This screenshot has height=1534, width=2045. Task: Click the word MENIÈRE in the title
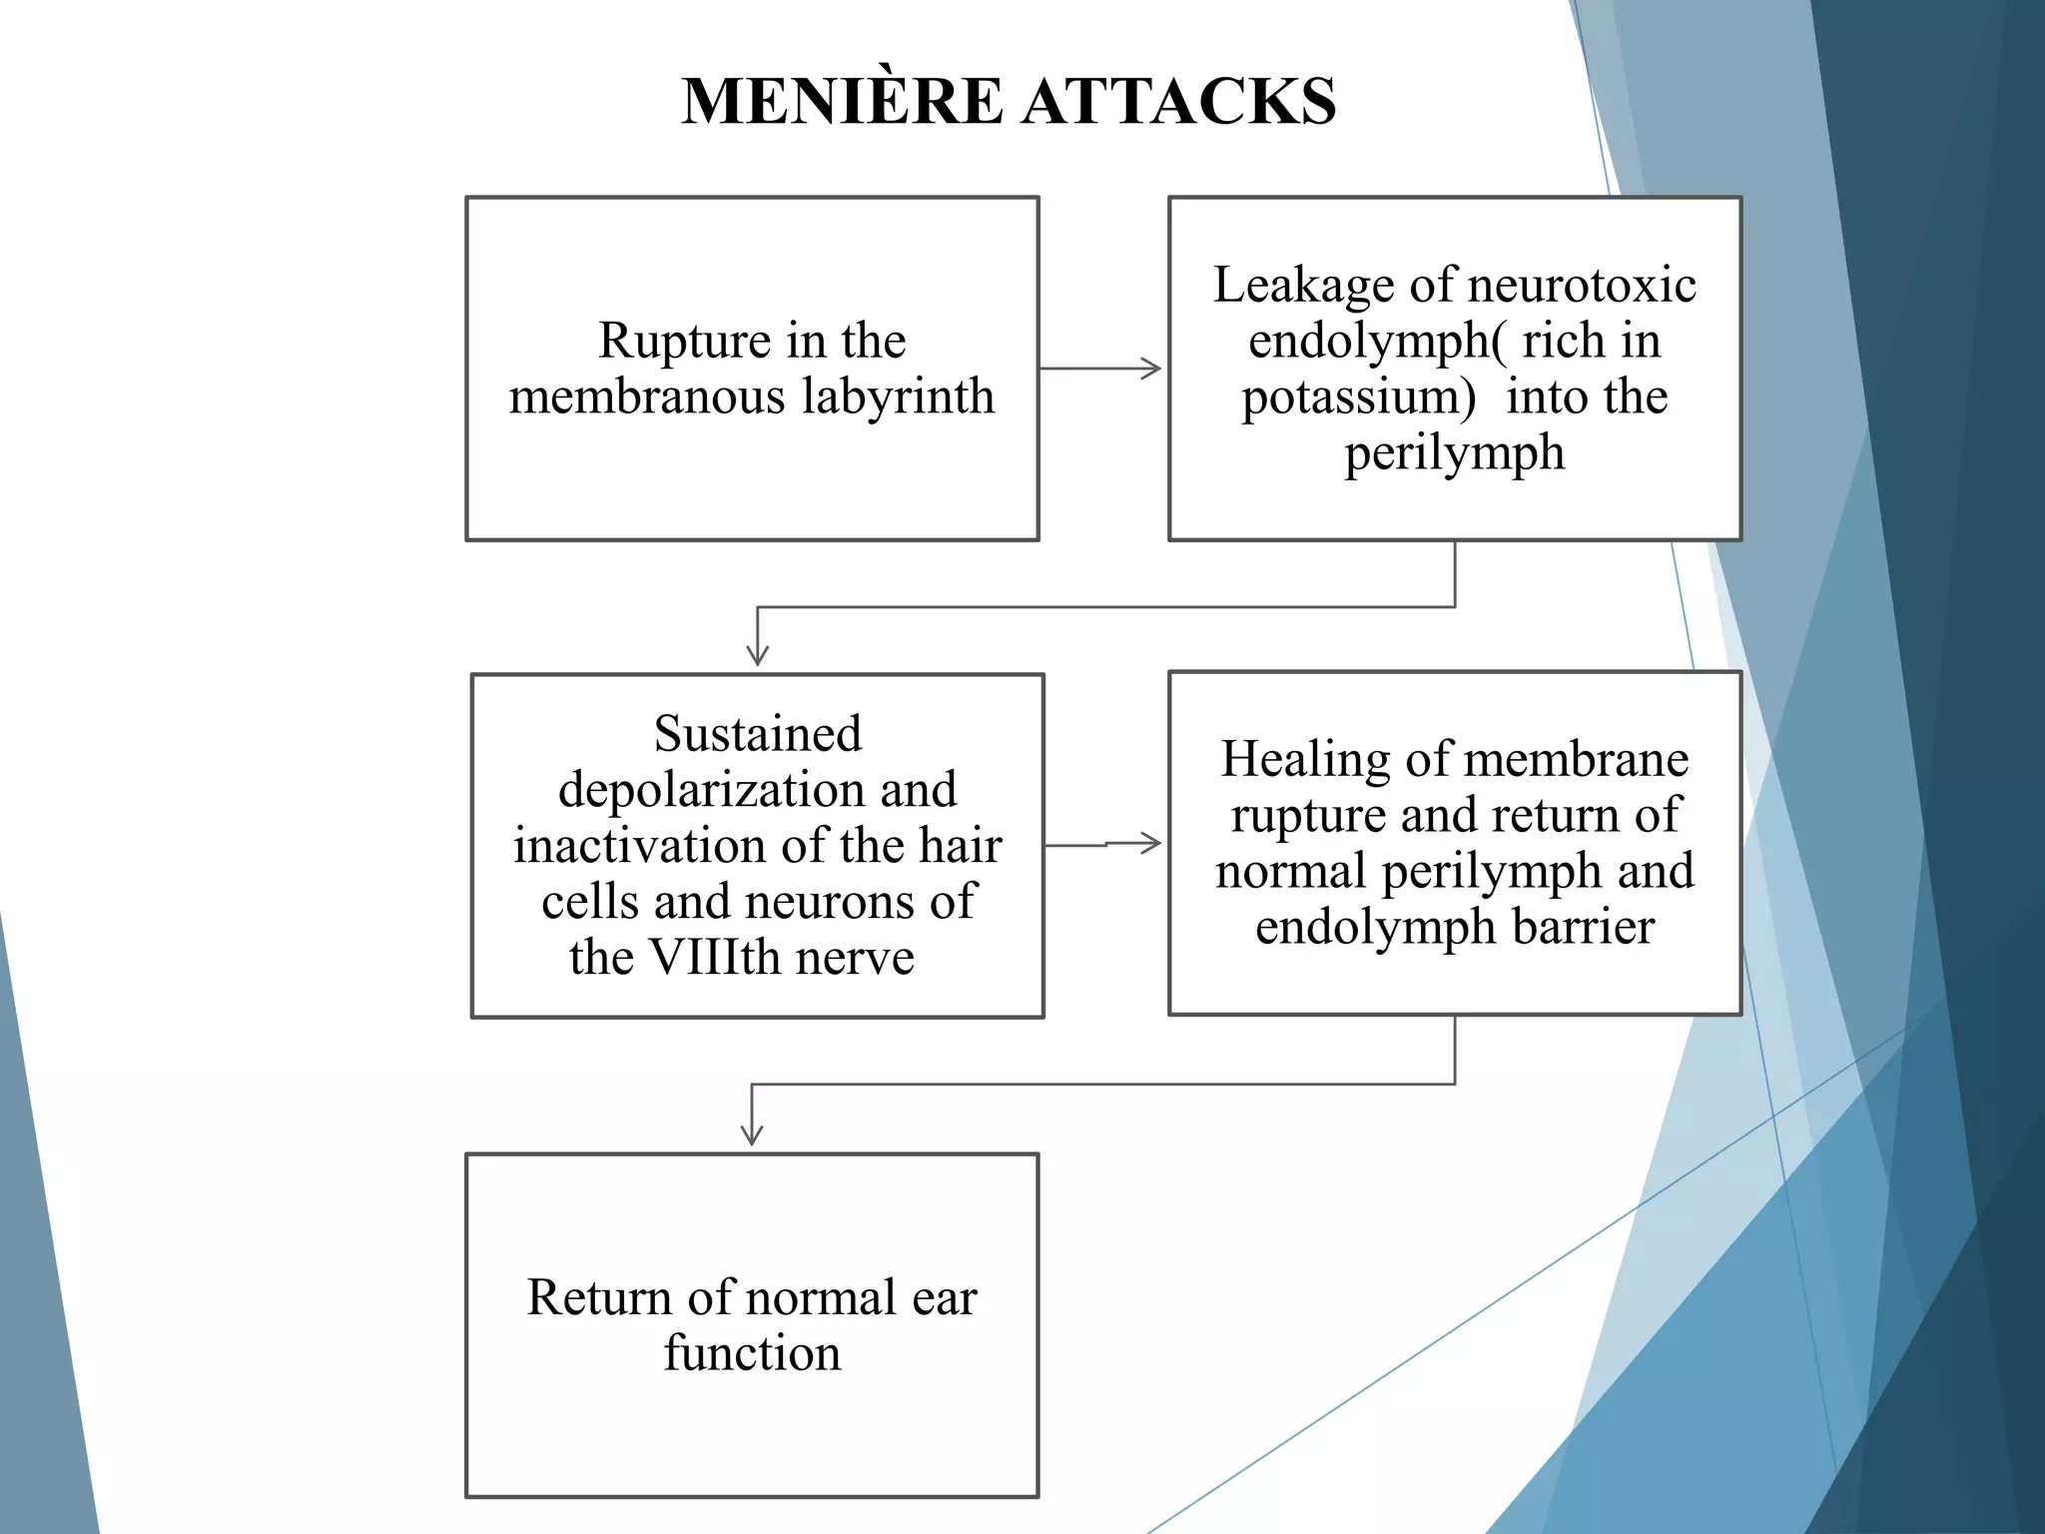(x=842, y=102)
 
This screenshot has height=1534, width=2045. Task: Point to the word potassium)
(x=1358, y=397)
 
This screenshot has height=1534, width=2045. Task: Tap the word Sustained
(x=758, y=734)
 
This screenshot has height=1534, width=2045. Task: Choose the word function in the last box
(x=752, y=1354)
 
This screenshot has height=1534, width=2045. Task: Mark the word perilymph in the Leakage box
(x=1454, y=453)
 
